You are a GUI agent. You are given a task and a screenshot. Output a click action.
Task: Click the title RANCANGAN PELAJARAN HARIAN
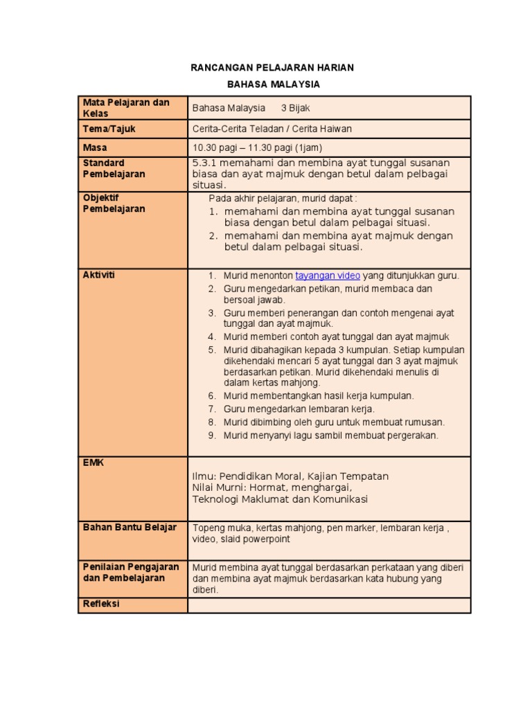point(272,67)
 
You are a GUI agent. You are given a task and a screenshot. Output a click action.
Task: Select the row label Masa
point(95,147)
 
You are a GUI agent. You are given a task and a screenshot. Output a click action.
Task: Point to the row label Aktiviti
point(99,275)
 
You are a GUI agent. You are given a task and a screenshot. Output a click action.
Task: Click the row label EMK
point(93,463)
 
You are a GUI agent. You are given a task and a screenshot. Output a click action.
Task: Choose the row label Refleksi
point(101,604)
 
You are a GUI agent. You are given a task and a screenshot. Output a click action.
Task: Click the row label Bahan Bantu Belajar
point(130,527)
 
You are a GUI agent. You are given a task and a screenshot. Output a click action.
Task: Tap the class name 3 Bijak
point(296,108)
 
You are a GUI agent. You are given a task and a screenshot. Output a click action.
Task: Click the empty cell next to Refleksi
point(329,606)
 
